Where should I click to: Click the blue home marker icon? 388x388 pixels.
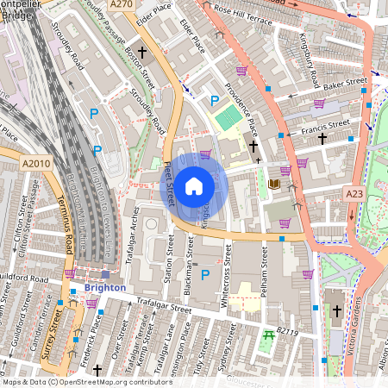(x=194, y=185)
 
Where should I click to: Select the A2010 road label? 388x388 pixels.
(x=36, y=163)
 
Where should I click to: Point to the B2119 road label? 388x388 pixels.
(x=288, y=330)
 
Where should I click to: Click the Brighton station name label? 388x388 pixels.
(x=105, y=287)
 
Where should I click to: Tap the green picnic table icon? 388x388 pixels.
(x=269, y=335)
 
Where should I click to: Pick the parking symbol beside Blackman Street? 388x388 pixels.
(x=204, y=275)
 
